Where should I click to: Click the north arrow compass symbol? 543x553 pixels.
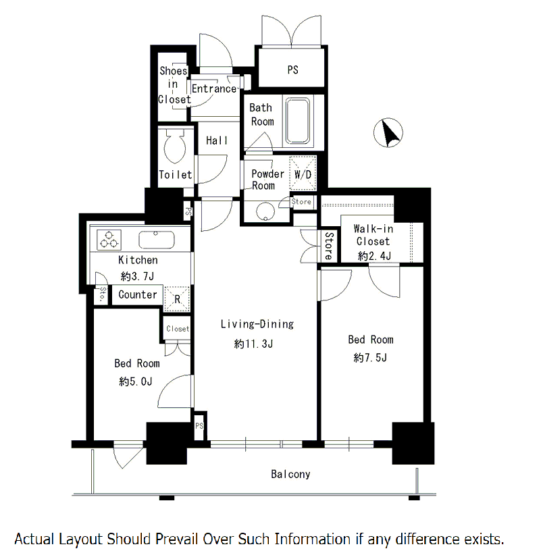[x=388, y=132]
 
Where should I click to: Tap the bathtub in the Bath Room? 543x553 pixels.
[x=298, y=121]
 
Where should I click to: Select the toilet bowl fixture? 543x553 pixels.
[x=175, y=146]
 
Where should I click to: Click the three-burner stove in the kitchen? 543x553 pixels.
[x=109, y=240]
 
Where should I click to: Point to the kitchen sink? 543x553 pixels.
[x=156, y=240]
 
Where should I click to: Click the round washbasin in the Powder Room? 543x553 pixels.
[x=265, y=212]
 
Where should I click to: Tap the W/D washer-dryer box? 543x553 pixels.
[x=303, y=174]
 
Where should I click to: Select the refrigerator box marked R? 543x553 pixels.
[x=177, y=298]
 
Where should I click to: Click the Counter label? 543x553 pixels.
[x=138, y=294]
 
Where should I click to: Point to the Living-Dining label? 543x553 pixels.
[x=257, y=324]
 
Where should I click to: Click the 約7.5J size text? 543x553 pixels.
[x=370, y=358]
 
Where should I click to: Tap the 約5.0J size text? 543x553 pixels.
[x=136, y=381]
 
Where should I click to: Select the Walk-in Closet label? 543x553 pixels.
[x=373, y=235]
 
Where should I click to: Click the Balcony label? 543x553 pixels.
[x=290, y=475]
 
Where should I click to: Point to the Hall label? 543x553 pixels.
[x=217, y=140]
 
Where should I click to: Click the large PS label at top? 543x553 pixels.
[x=292, y=70]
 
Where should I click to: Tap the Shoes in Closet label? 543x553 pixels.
[x=174, y=85]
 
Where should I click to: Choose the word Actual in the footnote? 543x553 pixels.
[x=34, y=539]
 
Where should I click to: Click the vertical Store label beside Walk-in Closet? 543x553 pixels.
[x=329, y=246]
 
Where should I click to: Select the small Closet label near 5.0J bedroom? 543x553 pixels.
[x=178, y=329]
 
